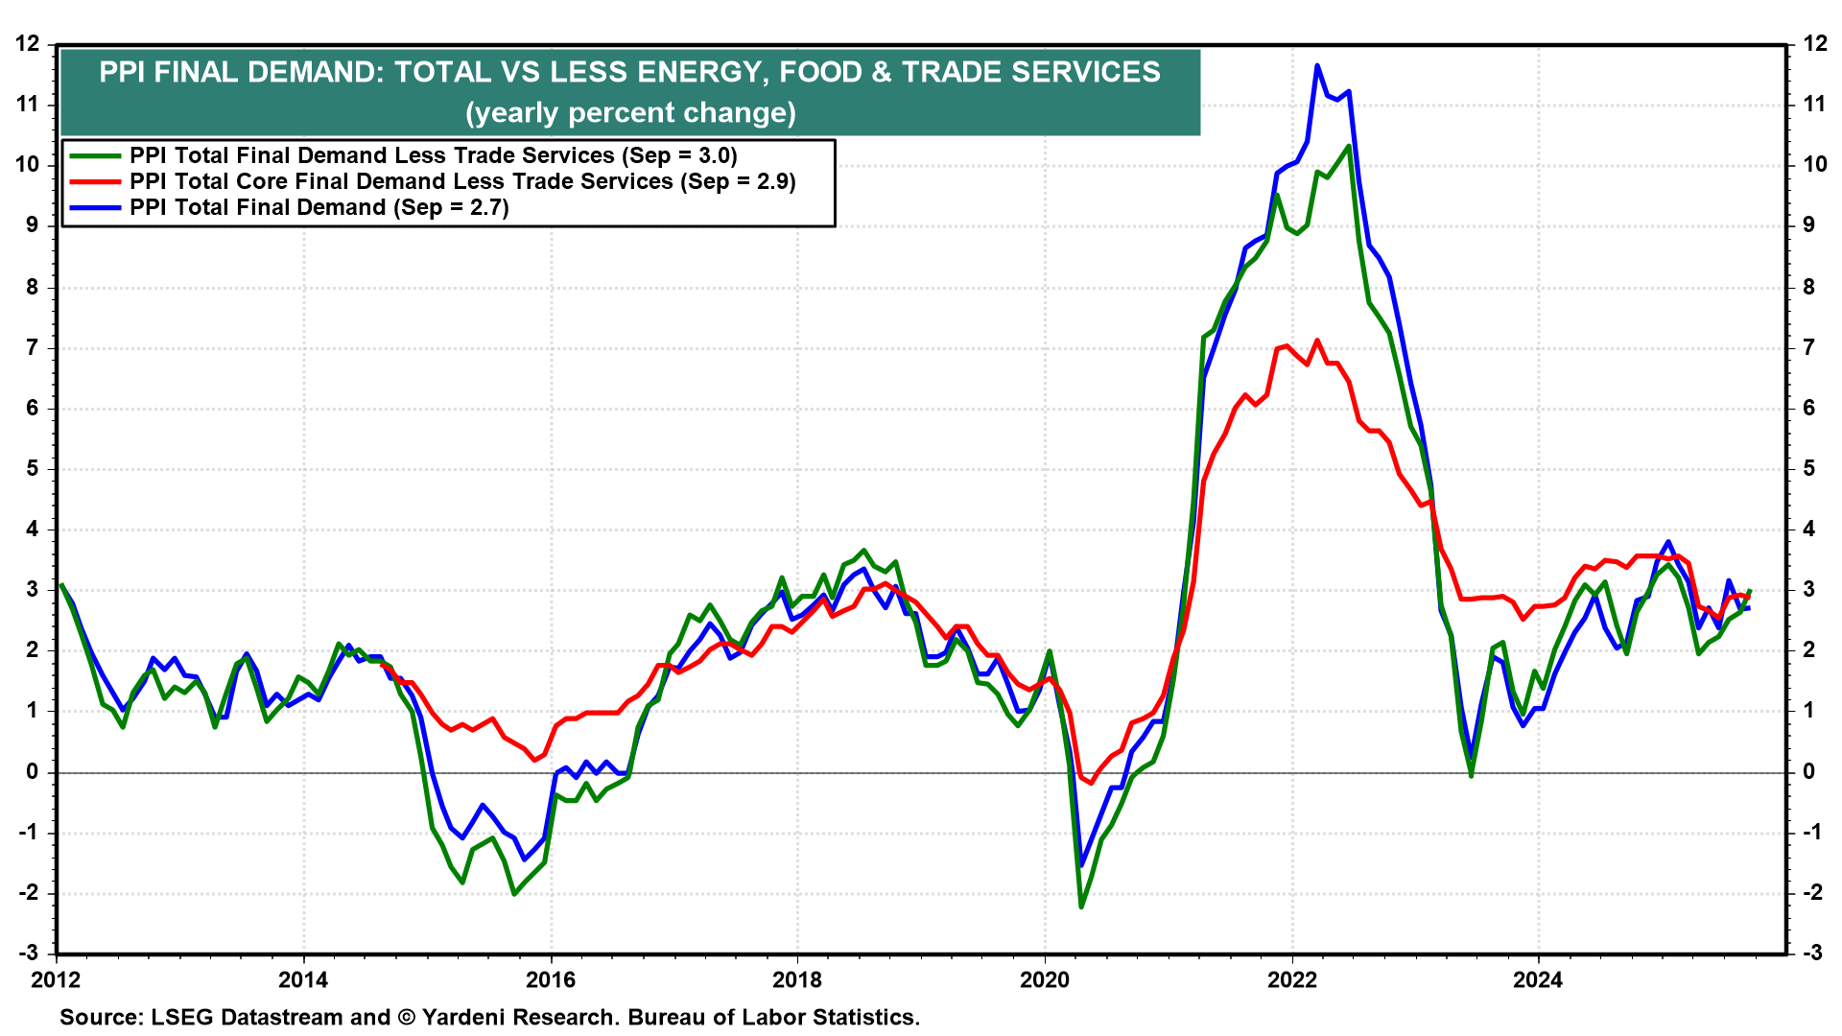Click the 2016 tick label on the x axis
pyautogui.click(x=550, y=979)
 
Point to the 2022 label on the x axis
pyautogui.click(x=1291, y=979)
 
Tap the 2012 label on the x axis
pyautogui.click(x=56, y=979)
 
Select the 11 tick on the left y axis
pyautogui.click(x=28, y=105)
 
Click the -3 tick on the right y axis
pyautogui.click(x=1811, y=953)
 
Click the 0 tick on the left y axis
pyautogui.click(x=33, y=771)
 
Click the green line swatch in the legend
pyautogui.click(x=94, y=155)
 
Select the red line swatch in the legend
pyautogui.click(x=94, y=181)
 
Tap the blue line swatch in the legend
pyautogui.click(x=94, y=207)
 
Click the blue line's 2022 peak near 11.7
pyautogui.click(x=1317, y=65)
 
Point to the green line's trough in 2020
pyautogui.click(x=1081, y=906)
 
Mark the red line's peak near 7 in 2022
pyautogui.click(x=1317, y=340)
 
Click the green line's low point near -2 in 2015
pyautogui.click(x=514, y=894)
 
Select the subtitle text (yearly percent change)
pyautogui.click(x=630, y=113)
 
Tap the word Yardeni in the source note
pyautogui.click(x=466, y=1017)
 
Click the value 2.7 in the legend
pyautogui.click(x=487, y=207)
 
